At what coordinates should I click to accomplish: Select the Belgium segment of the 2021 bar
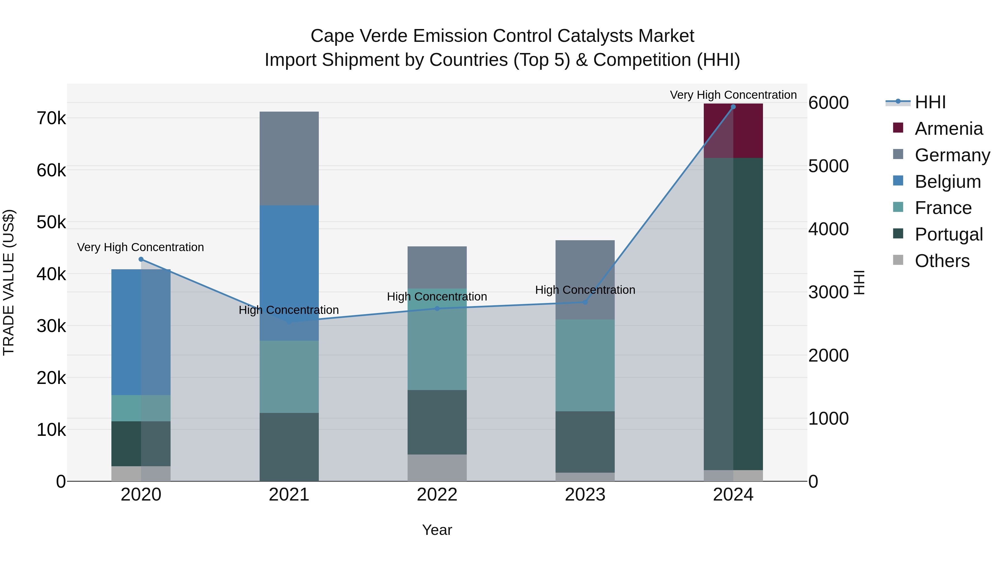click(289, 273)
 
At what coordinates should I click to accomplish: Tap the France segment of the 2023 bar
click(585, 365)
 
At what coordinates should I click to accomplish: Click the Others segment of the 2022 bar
click(437, 468)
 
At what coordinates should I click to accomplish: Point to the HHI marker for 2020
click(141, 259)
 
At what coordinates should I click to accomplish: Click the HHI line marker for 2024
click(733, 107)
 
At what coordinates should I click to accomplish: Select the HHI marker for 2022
click(437, 308)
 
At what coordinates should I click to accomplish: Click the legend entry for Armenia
click(948, 129)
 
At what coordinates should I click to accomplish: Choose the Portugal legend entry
click(948, 234)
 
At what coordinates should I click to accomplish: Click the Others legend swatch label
click(942, 261)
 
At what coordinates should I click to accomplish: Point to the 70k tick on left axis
click(51, 118)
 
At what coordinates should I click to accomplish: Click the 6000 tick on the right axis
click(828, 103)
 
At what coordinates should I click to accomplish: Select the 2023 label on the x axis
click(585, 495)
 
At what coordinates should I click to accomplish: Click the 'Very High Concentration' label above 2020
click(140, 247)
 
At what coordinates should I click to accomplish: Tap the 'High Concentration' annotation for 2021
click(289, 310)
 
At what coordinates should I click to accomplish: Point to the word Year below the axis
click(437, 530)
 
